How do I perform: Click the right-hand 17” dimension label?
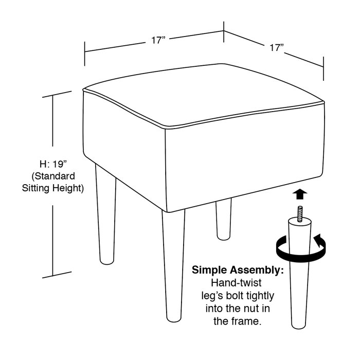point(277,47)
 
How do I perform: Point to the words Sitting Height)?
point(52,188)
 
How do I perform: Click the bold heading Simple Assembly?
point(238,271)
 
